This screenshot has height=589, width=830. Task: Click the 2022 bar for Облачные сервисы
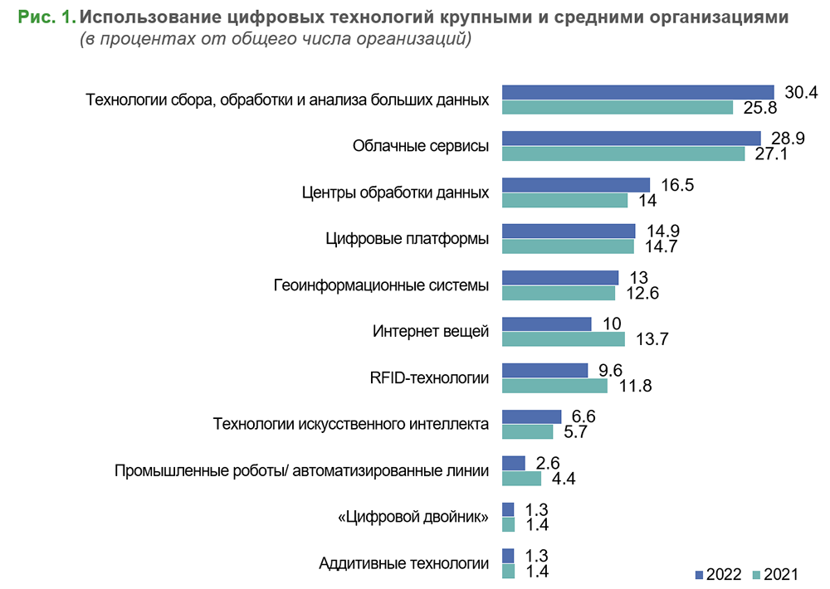point(632,138)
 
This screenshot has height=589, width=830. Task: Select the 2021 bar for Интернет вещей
point(564,339)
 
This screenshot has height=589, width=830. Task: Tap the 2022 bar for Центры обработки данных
point(576,184)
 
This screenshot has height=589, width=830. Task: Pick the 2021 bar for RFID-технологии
point(554,386)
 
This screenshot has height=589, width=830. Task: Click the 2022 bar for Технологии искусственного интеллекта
point(532,416)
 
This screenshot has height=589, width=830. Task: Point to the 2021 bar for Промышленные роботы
point(521,479)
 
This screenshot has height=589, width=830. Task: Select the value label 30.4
point(801,92)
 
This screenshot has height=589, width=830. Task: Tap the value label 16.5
point(676,184)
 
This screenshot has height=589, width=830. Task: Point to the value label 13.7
point(651,339)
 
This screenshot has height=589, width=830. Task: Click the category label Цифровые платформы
point(407,239)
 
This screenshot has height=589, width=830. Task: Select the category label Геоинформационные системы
point(381,285)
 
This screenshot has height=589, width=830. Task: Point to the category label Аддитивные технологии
point(403,564)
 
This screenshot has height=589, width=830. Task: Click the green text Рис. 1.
point(45,17)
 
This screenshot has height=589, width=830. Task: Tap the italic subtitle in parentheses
point(275,39)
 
